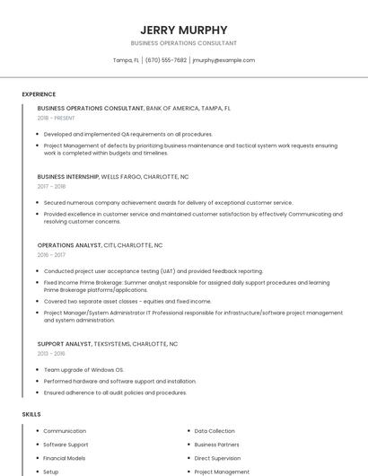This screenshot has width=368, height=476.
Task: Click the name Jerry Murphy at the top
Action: tap(184, 30)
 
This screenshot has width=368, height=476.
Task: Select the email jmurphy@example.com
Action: tap(223, 60)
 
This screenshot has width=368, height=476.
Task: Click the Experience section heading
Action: tap(39, 93)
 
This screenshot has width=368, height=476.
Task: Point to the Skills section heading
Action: tap(31, 414)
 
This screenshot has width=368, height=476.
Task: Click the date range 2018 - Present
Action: tap(56, 118)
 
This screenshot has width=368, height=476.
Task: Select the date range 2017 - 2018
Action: tap(51, 186)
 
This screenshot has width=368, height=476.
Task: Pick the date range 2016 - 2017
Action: tap(51, 254)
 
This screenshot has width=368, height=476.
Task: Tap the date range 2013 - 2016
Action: tap(51, 353)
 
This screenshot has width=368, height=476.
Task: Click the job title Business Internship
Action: tap(67, 176)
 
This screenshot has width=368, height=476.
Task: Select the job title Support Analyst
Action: tap(64, 343)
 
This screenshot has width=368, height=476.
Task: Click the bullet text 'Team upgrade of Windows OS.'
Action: tap(83, 369)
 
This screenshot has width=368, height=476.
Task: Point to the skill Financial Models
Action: tap(65, 458)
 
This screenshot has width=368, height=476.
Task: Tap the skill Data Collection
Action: tap(215, 431)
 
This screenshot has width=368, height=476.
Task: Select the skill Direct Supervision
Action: tap(217, 458)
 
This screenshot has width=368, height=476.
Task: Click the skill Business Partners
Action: tap(217, 445)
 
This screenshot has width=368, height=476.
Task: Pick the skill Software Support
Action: tap(66, 445)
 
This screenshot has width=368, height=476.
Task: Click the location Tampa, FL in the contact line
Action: tap(126, 60)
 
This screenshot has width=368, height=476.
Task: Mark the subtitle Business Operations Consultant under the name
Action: tap(184, 43)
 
